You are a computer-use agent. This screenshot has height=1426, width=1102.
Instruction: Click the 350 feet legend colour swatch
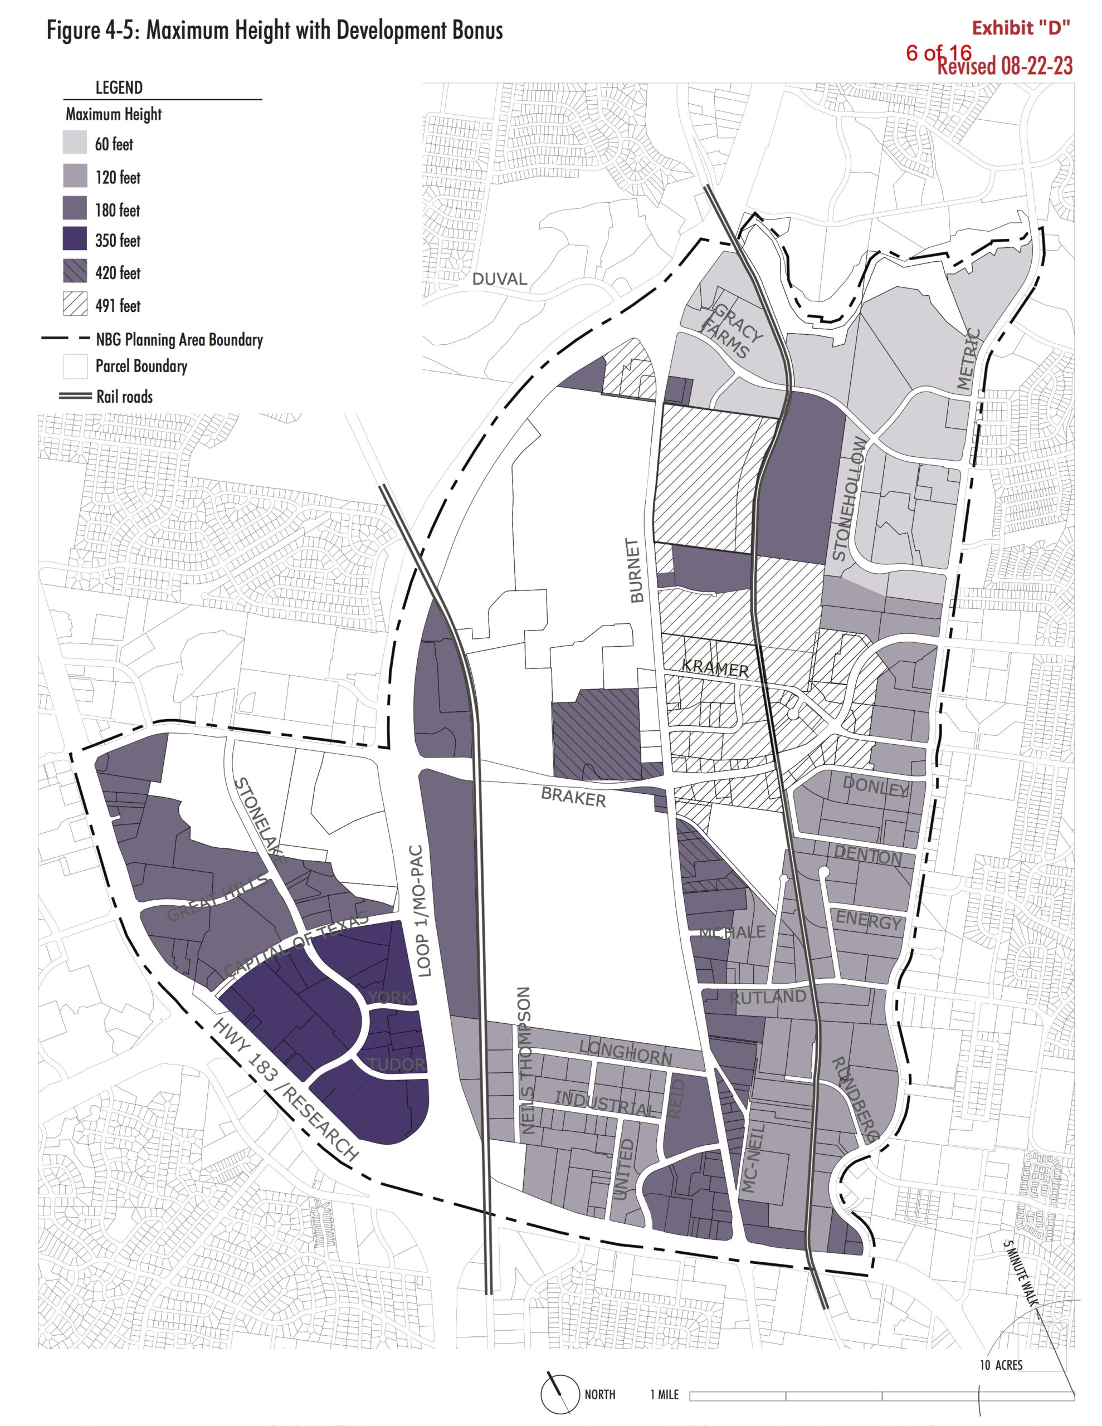tap(75, 239)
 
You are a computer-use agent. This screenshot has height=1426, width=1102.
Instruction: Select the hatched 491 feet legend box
tap(75, 304)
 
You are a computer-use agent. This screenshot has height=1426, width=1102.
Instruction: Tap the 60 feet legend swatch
tap(75, 143)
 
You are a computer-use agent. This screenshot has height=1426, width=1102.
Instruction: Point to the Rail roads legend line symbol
tap(75, 395)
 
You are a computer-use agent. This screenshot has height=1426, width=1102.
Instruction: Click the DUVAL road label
tap(499, 279)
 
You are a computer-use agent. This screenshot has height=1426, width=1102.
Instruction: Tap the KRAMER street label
tap(715, 668)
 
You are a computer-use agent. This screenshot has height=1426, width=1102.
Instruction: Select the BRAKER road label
tap(573, 797)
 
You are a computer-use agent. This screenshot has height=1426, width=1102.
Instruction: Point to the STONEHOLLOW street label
tap(849, 500)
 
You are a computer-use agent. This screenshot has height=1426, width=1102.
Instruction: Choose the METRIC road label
tap(969, 360)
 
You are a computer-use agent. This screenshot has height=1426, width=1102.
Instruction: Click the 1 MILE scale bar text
tap(664, 1394)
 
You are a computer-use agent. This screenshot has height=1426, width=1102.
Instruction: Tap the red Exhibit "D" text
tap(1020, 28)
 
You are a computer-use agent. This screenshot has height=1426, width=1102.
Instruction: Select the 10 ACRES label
tap(1000, 1365)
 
